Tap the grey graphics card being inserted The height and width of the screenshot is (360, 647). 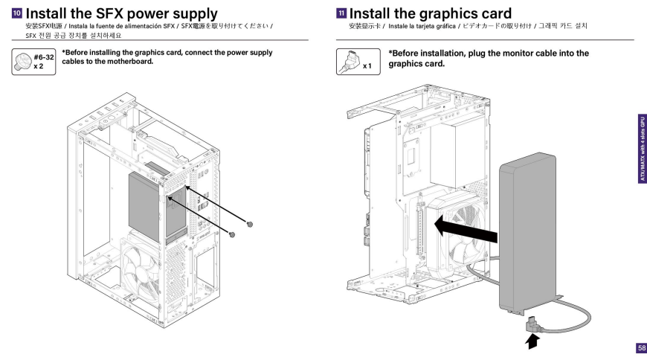[526, 231]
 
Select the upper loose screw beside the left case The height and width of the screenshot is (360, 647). [250, 224]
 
